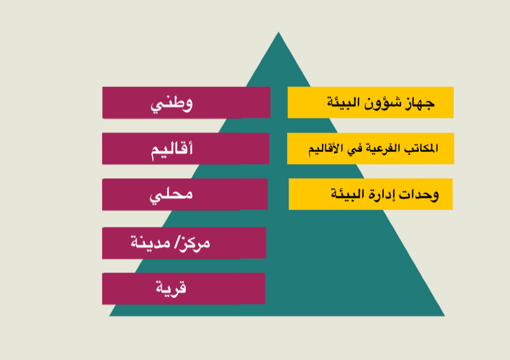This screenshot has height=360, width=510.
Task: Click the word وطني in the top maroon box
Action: (171, 104)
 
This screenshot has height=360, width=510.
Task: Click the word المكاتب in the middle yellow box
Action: (421, 148)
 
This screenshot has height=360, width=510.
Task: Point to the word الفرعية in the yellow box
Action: (383, 148)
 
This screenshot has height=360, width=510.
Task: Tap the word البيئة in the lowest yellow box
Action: (348, 194)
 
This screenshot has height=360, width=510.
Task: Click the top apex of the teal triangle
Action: (279, 32)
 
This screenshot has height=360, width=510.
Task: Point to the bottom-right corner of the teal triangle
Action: (445, 316)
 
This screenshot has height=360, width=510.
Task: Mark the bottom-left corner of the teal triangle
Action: (109, 316)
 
